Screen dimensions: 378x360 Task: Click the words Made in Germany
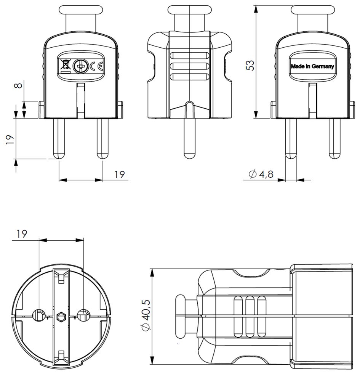pyautogui.click(x=312, y=66)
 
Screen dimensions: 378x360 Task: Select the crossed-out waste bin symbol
pyautogui.click(x=65, y=66)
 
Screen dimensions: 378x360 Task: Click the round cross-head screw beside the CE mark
pyautogui.click(x=80, y=67)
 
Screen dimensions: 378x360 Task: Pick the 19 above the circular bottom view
pyautogui.click(x=22, y=234)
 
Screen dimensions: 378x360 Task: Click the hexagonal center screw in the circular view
pyautogui.click(x=61, y=316)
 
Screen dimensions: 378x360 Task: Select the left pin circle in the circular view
pyautogui.click(x=39, y=315)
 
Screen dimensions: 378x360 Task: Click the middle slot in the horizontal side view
pyautogui.click(x=250, y=316)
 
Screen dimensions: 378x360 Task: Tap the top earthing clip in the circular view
pyautogui.click(x=61, y=277)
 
